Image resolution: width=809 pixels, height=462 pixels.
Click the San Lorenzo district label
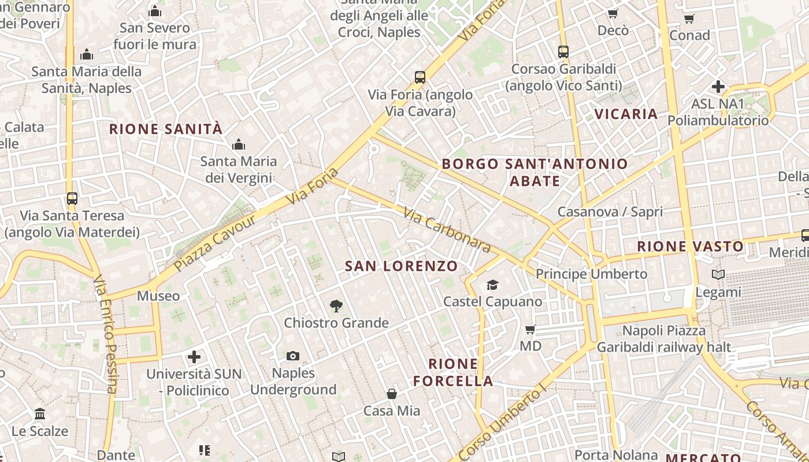point(401,266)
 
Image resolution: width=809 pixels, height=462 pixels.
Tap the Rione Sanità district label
point(166,129)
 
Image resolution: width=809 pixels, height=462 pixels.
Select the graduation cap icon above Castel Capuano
point(492,285)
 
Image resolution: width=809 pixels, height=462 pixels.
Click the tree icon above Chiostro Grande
point(336,306)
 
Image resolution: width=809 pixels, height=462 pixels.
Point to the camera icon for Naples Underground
point(293,356)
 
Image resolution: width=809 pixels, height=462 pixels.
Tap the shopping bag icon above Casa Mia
point(392,394)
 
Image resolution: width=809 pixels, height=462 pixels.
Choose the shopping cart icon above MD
point(530,330)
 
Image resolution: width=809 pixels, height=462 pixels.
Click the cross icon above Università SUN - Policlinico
point(194,357)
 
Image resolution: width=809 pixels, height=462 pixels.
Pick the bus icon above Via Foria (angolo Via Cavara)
point(420,77)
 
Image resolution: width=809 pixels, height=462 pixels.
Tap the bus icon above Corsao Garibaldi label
point(563,52)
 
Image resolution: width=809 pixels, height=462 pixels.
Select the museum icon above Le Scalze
point(40,414)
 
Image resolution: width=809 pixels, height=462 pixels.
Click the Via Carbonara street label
point(447,230)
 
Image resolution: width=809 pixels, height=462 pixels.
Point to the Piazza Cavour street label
point(214,243)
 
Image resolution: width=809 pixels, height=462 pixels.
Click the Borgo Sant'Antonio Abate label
point(535,172)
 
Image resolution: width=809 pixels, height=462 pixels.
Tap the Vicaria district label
point(626,114)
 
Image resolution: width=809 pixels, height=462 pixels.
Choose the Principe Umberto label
point(591,274)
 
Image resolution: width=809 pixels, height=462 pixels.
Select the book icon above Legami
point(718,275)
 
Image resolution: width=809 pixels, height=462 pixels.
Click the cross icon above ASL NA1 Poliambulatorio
point(718,87)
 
